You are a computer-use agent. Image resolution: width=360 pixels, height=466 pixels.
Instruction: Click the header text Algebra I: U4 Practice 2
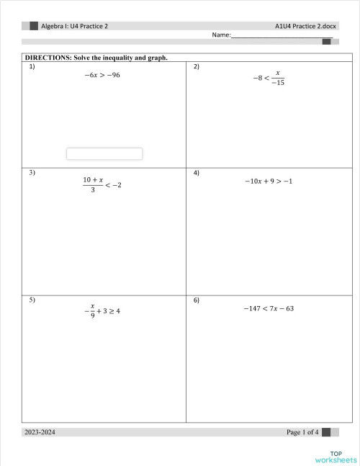click(x=74, y=25)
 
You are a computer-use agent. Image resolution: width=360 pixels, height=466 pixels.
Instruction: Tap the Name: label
click(x=221, y=35)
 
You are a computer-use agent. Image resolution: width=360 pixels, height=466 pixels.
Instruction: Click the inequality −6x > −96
click(x=102, y=75)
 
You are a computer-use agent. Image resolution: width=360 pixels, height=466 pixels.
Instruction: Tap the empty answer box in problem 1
click(x=104, y=153)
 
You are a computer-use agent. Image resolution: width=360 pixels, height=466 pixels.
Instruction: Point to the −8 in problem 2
click(x=255, y=79)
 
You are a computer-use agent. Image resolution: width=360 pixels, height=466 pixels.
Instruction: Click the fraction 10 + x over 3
click(x=93, y=185)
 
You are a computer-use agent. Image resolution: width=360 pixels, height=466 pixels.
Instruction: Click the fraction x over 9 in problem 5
click(x=93, y=310)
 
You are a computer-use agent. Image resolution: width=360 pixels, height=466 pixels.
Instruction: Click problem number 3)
click(x=32, y=173)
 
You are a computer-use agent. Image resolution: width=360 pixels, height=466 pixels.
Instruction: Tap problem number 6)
click(x=197, y=299)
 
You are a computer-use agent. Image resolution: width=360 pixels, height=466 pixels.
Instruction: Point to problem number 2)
click(x=197, y=66)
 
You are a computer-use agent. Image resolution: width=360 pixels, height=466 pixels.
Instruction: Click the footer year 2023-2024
click(x=40, y=432)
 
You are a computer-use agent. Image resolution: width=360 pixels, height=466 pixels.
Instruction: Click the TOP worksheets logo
click(x=336, y=455)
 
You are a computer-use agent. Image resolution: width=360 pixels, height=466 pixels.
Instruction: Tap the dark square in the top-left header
click(x=33, y=25)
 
